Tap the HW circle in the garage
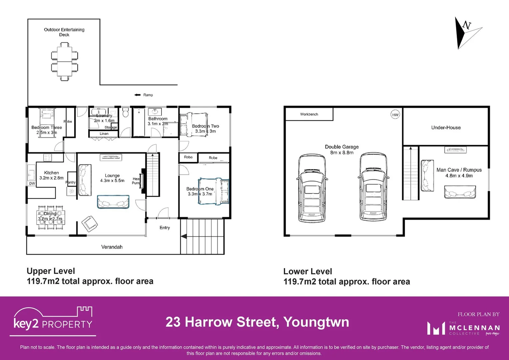tap(395, 115)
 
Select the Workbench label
tap(309, 114)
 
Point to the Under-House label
tap(446, 128)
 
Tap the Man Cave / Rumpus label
tap(459, 170)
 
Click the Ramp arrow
tap(137, 95)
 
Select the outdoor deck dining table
tap(65, 61)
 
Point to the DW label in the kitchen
tap(32, 184)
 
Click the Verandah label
tap(112, 247)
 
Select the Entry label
tap(165, 228)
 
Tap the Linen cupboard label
tap(104, 134)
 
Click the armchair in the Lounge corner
tap(90, 224)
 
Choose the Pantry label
tap(71, 182)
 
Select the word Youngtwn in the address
tap(316, 322)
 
